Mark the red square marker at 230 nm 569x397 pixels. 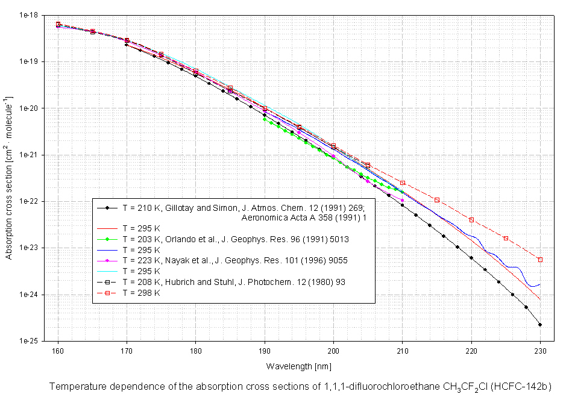point(540,260)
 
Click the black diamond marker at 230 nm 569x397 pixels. point(540,325)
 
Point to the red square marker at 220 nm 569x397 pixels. point(471,220)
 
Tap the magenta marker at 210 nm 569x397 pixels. point(403,200)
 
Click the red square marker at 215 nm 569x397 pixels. point(437,200)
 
